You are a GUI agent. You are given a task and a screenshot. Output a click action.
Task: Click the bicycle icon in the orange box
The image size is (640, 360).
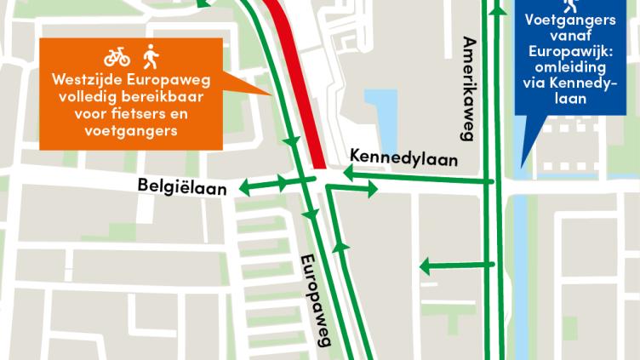[117, 57]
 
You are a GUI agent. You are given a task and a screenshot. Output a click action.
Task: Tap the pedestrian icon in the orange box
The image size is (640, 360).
[151, 56]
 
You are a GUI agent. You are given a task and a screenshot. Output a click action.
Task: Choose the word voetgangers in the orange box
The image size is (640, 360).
[133, 132]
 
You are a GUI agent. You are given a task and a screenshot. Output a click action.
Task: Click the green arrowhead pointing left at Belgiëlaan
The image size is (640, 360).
[244, 186]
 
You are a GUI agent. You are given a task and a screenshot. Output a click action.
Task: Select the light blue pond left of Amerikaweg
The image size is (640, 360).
[384, 114]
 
